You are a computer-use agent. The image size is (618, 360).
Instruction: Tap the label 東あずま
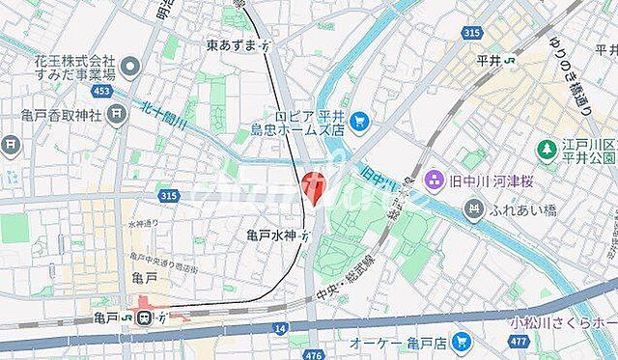tap(232, 45)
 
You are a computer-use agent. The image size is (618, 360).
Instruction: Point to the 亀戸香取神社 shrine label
tap(54, 114)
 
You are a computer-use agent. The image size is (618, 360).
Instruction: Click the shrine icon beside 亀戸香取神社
tap(116, 114)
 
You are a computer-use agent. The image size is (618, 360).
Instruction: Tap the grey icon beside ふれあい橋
tap(473, 208)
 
